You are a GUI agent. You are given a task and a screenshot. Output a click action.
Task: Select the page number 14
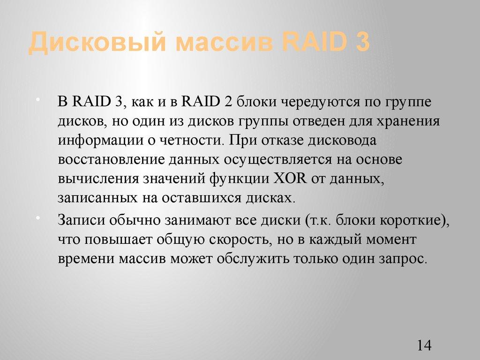423,345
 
